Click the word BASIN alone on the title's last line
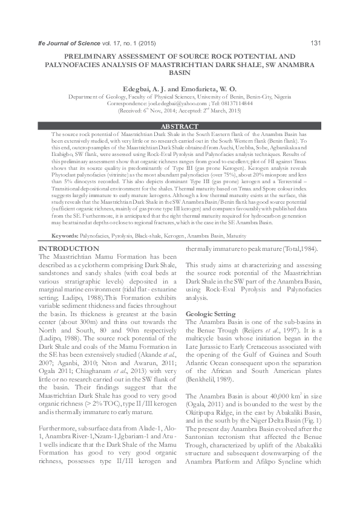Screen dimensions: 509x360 pos(179,71)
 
